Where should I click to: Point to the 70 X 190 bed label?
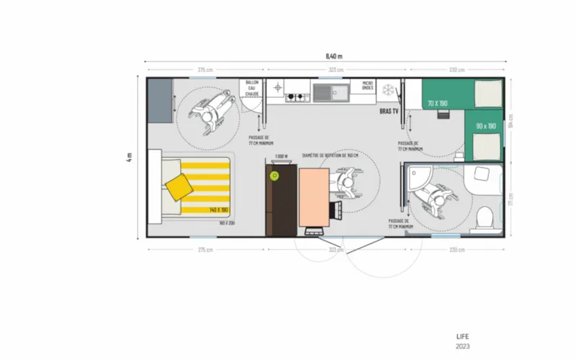pos(436,104)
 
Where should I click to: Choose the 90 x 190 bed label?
pos(487,126)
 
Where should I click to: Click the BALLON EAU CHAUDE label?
pos(251,89)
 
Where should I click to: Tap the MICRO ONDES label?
pos(368,86)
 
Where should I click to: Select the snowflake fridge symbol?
pos(389,90)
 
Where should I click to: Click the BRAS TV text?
pos(389,112)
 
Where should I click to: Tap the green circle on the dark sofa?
pos(274,175)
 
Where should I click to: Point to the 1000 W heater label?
pos(282,156)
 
